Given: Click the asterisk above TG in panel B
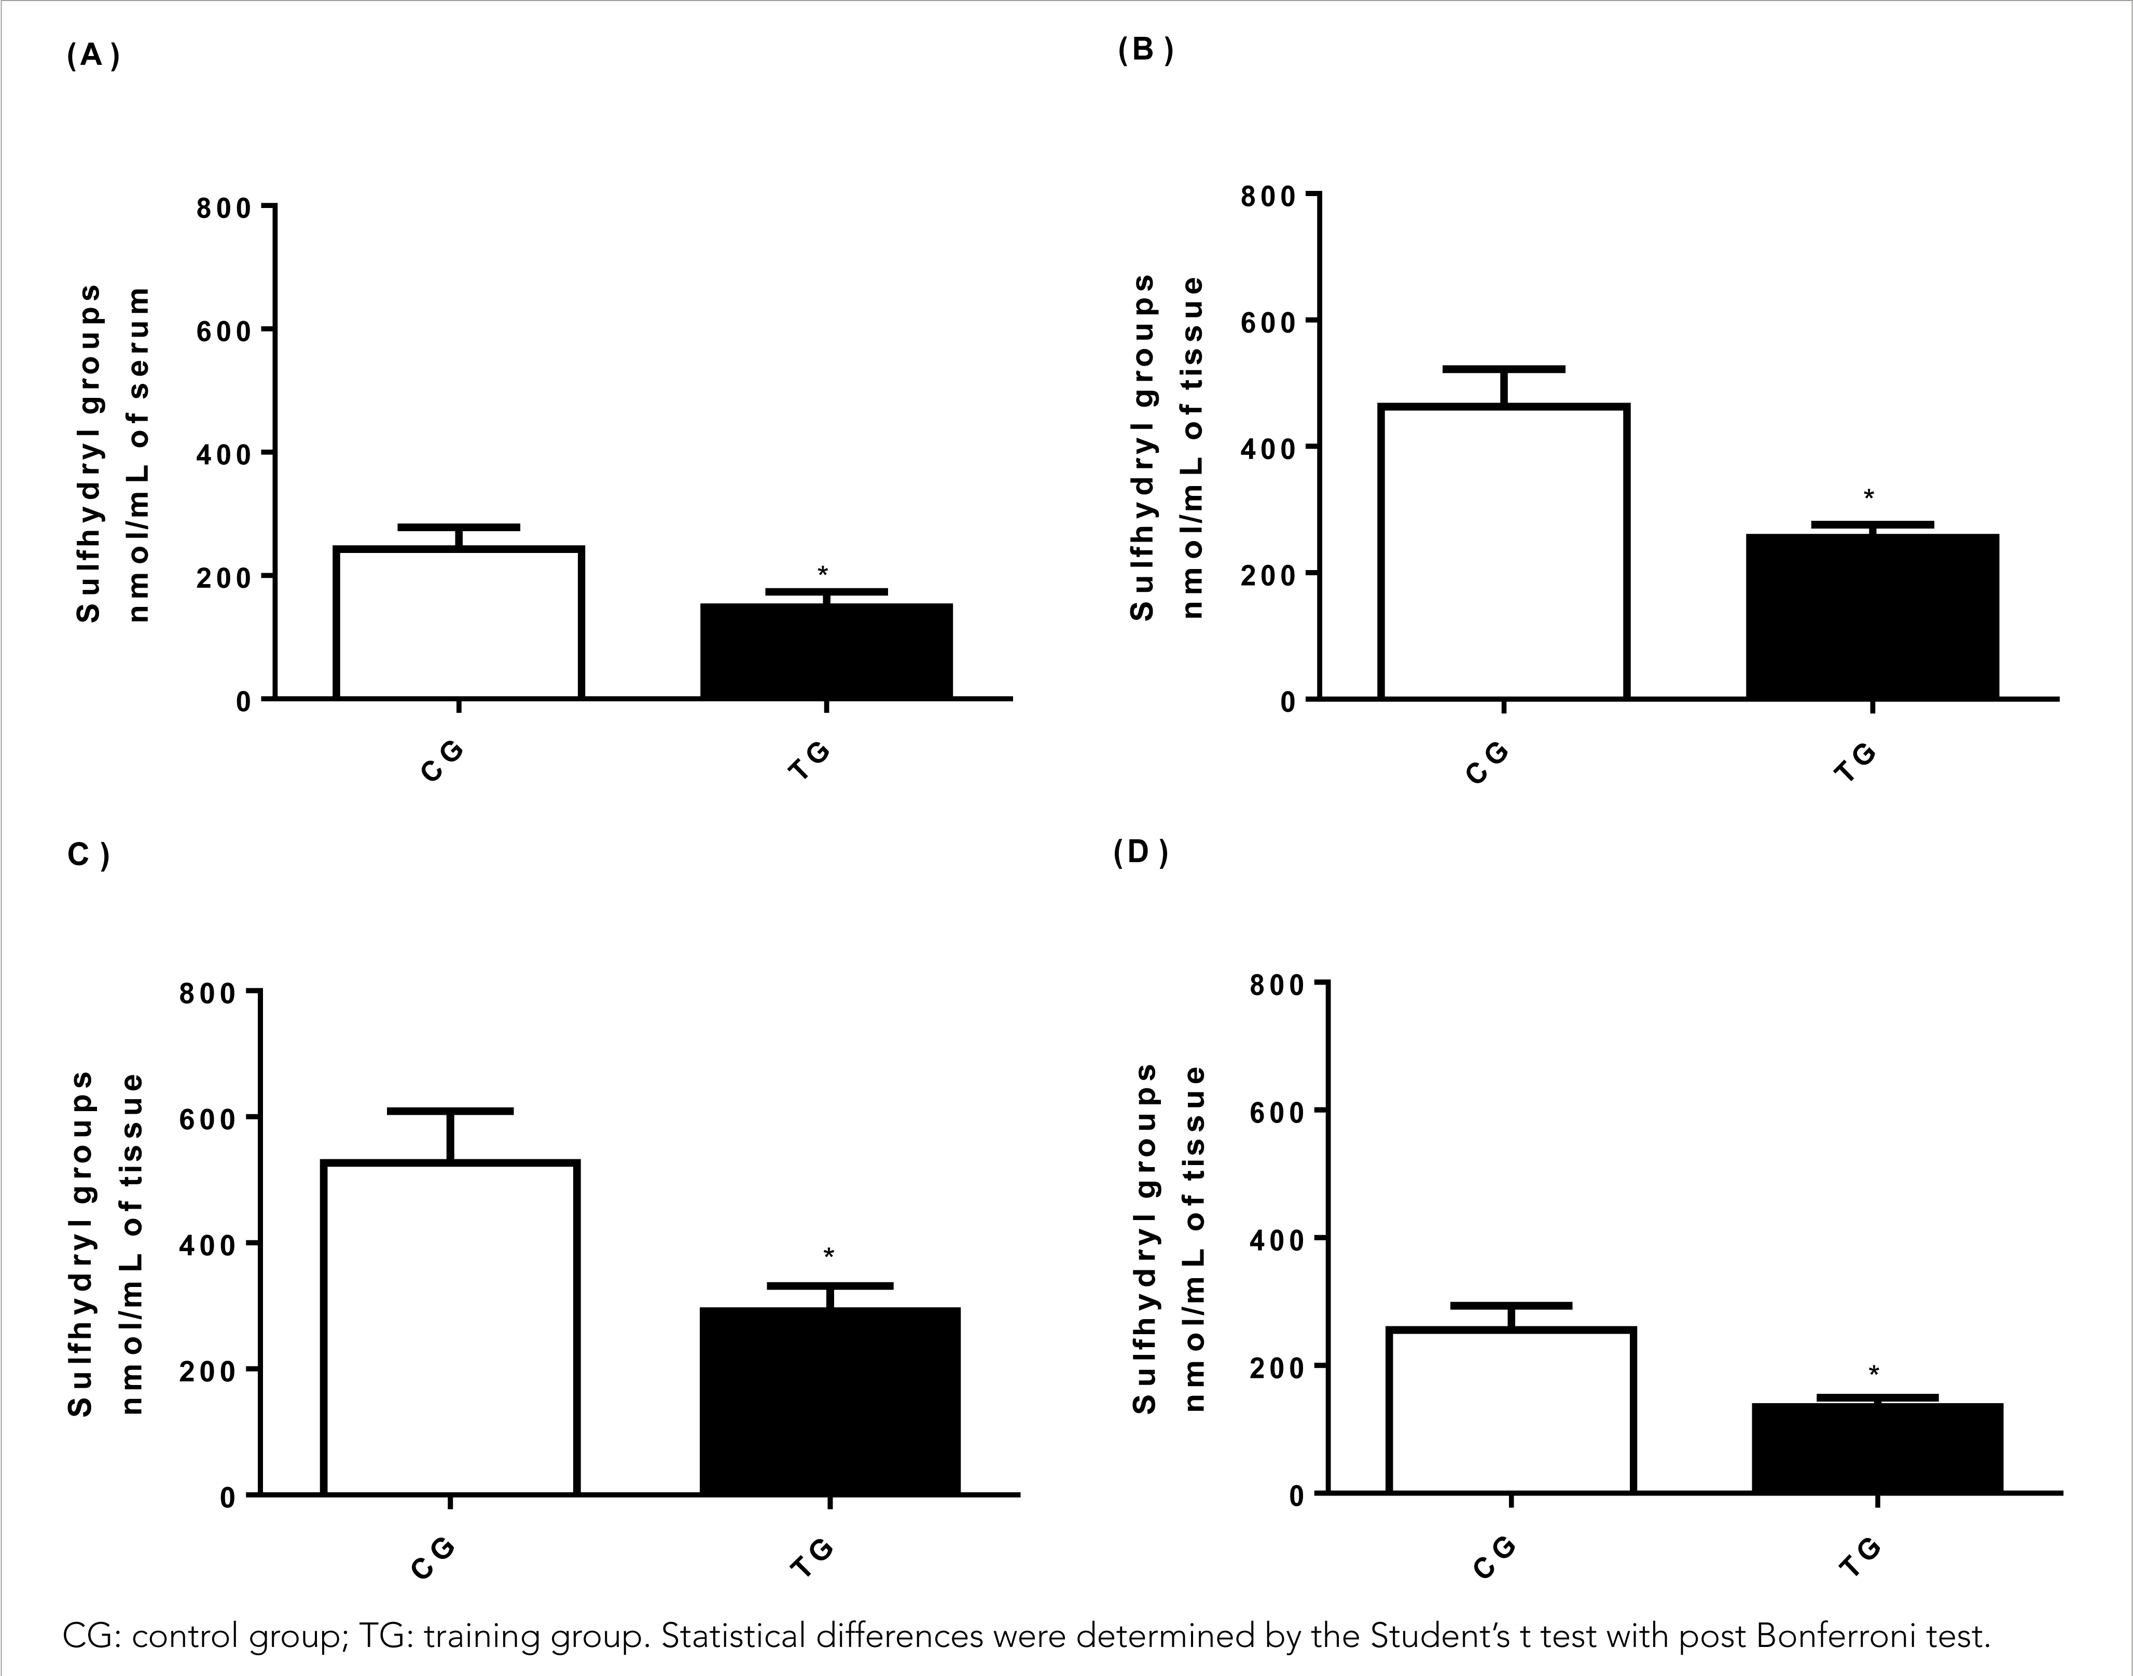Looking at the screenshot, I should click(x=1869, y=495).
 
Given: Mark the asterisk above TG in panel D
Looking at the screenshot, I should click(x=1874, y=1372).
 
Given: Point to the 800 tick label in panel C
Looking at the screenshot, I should click(x=208, y=993).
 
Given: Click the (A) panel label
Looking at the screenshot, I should click(x=93, y=56).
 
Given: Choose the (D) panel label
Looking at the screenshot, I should click(x=1140, y=853).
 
